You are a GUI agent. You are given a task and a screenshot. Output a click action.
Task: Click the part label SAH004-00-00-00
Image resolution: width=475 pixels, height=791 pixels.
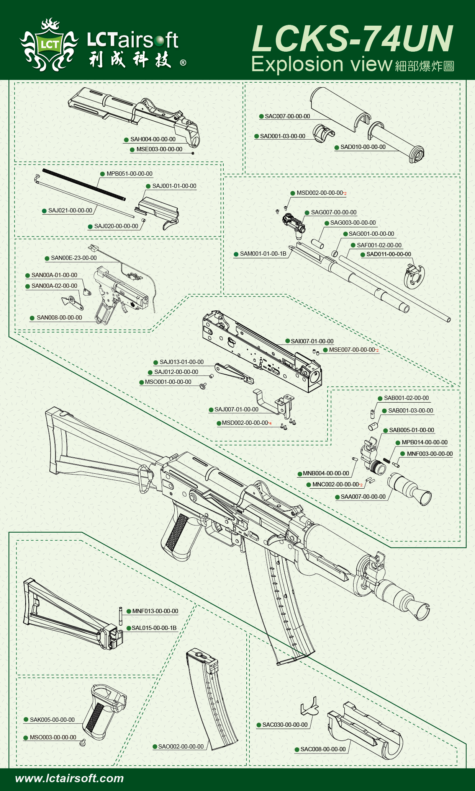(153, 139)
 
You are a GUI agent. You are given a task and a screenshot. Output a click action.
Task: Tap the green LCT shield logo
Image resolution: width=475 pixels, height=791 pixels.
(49, 45)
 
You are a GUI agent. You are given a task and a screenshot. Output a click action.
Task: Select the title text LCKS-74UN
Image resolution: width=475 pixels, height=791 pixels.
(352, 39)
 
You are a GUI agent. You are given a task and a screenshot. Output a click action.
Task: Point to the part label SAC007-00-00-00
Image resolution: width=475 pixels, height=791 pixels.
(287, 116)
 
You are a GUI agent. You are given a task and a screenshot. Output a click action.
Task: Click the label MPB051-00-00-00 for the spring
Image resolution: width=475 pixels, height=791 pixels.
(129, 174)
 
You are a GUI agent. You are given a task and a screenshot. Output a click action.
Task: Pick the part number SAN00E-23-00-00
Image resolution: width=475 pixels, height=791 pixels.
(74, 258)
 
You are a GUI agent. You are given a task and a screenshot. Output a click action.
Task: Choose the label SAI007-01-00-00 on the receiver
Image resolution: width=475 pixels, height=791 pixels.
(312, 341)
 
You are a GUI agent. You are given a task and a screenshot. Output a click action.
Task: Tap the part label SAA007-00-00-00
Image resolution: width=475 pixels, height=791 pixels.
(363, 497)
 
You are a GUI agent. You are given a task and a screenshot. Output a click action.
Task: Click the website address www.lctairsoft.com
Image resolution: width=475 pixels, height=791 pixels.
(69, 778)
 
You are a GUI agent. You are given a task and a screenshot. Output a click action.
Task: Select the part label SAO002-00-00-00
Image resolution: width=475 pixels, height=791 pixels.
(181, 747)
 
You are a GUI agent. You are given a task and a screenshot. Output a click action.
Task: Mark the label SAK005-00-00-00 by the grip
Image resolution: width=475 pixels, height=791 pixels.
(52, 720)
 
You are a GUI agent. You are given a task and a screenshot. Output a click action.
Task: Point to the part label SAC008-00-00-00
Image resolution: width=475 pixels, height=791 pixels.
(323, 749)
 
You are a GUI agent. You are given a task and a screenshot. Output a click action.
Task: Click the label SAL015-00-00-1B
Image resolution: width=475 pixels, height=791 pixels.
(154, 628)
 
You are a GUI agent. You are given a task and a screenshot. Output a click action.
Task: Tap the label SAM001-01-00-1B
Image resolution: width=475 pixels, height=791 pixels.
(263, 254)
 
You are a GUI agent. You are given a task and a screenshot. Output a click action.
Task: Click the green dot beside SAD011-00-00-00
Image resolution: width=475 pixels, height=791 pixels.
(363, 254)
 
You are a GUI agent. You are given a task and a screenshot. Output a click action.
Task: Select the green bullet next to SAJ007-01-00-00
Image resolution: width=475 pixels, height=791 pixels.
(211, 410)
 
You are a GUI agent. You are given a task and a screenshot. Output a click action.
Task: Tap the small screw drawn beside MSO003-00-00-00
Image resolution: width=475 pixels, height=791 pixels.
(82, 742)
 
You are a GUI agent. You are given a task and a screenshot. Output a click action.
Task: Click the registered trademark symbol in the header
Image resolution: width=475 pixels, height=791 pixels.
(183, 62)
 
